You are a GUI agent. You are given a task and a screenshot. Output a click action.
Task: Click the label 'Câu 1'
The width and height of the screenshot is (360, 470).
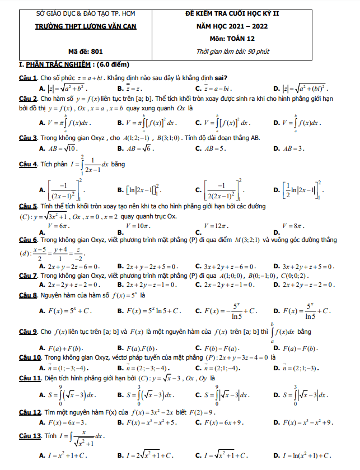27,77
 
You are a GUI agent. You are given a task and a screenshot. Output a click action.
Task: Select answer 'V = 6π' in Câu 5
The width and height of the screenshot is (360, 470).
59,225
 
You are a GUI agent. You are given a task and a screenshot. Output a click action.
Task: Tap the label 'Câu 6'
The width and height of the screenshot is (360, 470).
27,239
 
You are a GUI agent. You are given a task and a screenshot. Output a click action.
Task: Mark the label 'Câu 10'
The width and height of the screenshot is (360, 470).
29,357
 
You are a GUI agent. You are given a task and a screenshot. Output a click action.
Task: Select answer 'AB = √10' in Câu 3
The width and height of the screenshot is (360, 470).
62,148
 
